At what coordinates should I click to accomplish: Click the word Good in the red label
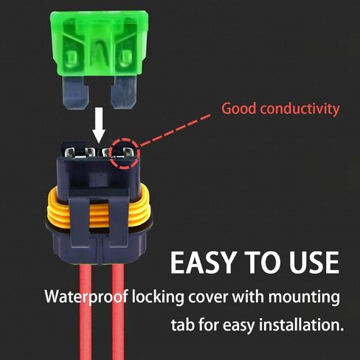click(239, 109)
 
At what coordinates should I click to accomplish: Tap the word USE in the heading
click(311, 264)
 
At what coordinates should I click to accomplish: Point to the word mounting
click(305, 298)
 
